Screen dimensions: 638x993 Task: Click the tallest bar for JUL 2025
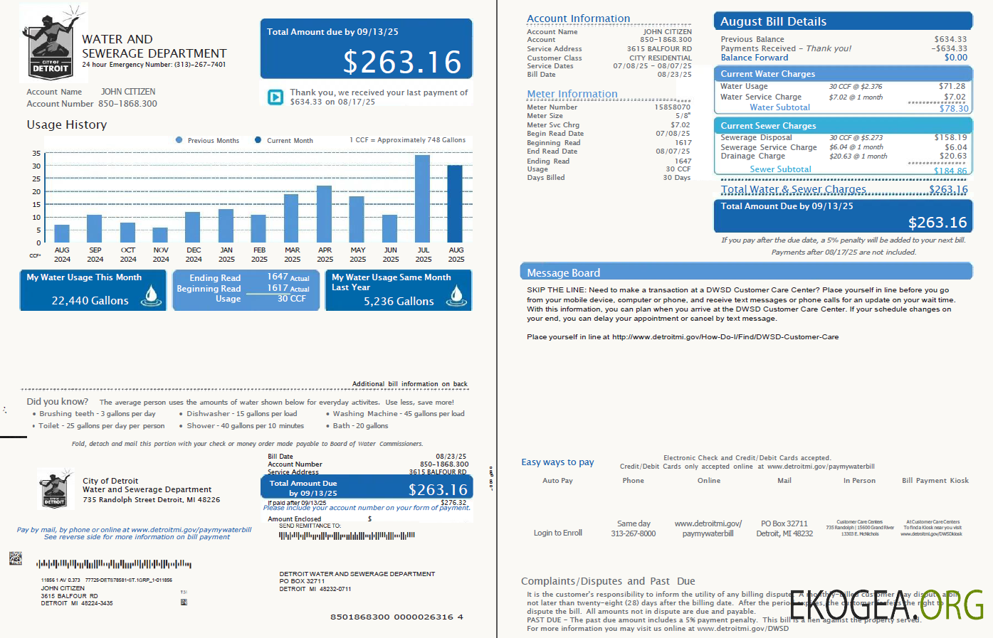click(422, 199)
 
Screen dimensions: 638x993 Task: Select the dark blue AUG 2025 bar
click(455, 204)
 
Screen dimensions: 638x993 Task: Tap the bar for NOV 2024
click(160, 235)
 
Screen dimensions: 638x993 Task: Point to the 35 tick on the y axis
click(36, 154)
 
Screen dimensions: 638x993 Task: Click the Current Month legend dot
click(258, 140)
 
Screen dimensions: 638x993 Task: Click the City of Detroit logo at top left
click(51, 44)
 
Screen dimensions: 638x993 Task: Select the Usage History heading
click(67, 125)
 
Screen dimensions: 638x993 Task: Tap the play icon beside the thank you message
click(275, 97)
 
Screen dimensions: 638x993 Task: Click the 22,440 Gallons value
click(90, 301)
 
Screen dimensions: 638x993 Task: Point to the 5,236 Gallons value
click(399, 302)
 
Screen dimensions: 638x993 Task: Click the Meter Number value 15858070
click(672, 107)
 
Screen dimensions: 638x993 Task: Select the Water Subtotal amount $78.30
click(953, 109)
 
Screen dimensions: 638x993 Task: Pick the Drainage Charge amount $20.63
click(952, 156)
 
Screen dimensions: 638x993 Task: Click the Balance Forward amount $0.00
click(955, 58)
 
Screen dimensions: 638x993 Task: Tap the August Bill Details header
click(773, 21)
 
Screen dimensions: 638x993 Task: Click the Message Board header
click(563, 273)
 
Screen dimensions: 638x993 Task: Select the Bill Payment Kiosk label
click(935, 481)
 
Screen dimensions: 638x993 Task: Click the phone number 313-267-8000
click(633, 533)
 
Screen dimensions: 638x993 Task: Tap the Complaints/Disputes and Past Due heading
click(608, 581)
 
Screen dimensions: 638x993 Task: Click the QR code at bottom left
click(16, 558)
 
